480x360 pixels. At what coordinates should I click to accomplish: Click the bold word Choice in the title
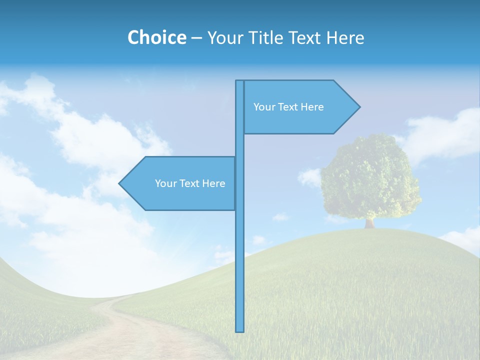click(x=156, y=37)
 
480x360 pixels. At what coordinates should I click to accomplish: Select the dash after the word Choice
click(x=196, y=38)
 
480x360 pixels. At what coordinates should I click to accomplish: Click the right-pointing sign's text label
click(x=288, y=107)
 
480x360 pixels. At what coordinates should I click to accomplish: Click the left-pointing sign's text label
click(x=190, y=183)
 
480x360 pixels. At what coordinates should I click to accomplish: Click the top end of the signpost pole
click(x=240, y=82)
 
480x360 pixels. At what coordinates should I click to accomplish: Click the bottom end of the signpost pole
click(x=240, y=330)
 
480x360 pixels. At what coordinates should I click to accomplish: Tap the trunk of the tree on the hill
click(x=369, y=222)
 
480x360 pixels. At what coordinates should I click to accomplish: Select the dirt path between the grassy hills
click(x=125, y=330)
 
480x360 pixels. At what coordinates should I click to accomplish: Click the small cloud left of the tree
click(x=310, y=177)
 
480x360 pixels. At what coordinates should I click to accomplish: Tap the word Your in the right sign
click(x=263, y=107)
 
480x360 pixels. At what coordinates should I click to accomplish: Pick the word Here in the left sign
click(x=213, y=183)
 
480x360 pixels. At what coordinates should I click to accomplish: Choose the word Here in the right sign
click(x=312, y=107)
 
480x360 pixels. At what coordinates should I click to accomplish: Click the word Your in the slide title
click(x=224, y=37)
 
